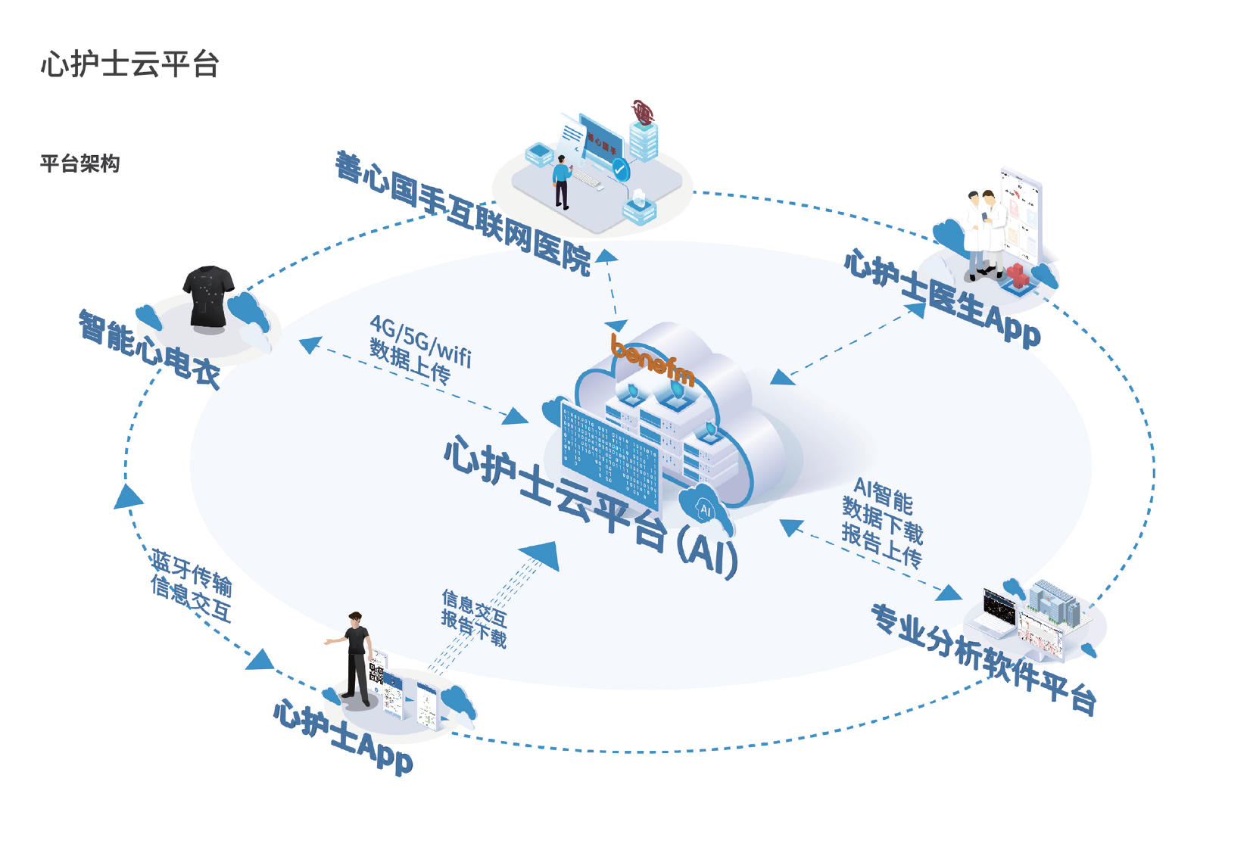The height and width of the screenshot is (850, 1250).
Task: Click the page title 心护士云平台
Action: (129, 64)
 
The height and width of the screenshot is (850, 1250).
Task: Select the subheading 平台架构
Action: (79, 163)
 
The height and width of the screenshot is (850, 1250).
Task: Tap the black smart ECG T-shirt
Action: (208, 296)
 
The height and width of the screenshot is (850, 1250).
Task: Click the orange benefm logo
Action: (652, 363)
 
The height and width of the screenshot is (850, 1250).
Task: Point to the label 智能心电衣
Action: (149, 349)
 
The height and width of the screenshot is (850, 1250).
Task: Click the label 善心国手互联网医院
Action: (463, 212)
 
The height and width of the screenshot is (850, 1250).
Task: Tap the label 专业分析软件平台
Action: (983, 658)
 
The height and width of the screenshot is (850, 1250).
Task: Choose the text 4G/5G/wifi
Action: (421, 340)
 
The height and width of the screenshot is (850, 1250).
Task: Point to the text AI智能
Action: (883, 495)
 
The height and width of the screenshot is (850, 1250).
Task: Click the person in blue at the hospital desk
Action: (561, 181)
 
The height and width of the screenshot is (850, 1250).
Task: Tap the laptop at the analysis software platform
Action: (998, 614)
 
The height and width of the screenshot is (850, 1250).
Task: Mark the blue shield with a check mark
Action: (621, 170)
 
